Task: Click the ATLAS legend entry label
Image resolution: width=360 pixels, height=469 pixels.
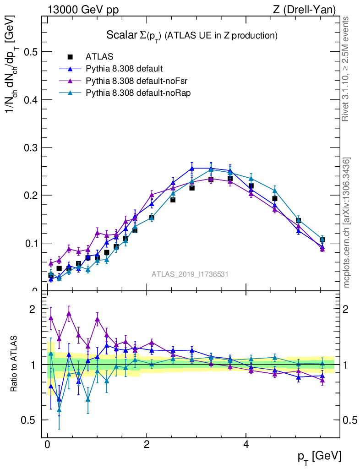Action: [x=99, y=57]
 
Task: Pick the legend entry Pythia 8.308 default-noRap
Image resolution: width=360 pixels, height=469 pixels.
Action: [x=126, y=93]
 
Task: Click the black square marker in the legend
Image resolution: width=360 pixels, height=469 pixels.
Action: [x=70, y=57]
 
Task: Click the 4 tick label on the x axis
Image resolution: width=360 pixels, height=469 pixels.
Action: [x=246, y=445]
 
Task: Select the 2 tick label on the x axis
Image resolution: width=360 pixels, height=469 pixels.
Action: [x=147, y=445]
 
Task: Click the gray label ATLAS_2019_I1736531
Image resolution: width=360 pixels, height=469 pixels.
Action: [x=190, y=274]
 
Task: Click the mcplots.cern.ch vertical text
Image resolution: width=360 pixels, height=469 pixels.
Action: [x=347, y=223]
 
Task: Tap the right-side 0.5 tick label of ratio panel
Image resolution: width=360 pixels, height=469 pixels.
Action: [x=350, y=420]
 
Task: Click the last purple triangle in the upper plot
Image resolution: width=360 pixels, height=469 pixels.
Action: [x=322, y=249]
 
